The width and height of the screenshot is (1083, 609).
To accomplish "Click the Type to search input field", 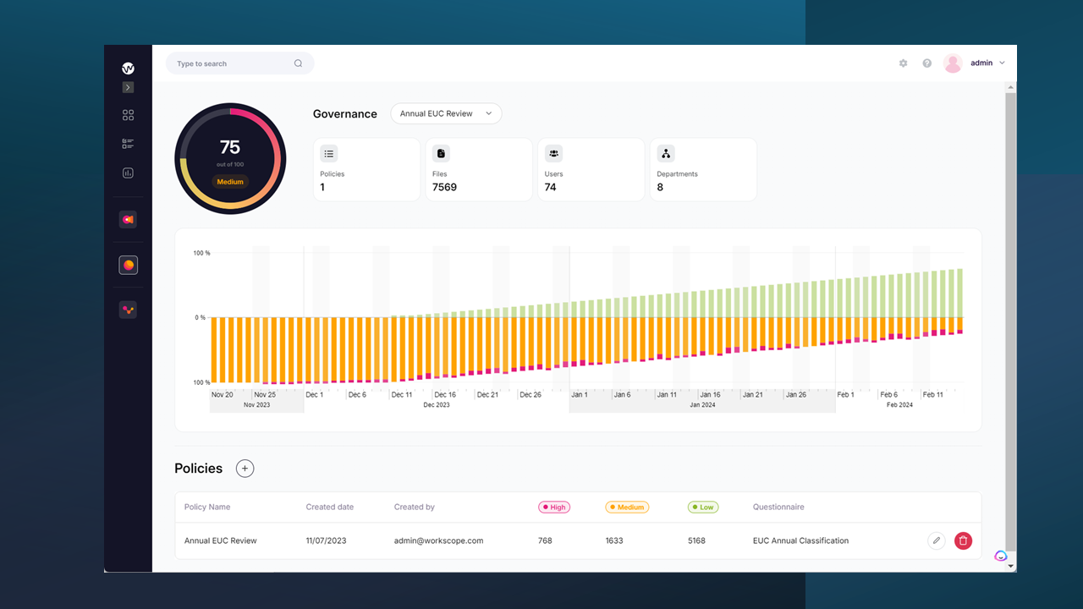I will (234, 63).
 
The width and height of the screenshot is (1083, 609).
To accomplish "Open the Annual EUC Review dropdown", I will (446, 113).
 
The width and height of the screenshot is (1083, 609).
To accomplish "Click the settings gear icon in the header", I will (903, 63).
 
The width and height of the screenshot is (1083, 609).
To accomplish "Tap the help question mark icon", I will (926, 63).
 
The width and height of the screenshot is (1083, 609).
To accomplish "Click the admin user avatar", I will (953, 63).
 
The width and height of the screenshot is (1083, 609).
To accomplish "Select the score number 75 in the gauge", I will (230, 148).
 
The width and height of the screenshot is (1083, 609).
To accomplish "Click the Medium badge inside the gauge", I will (230, 182).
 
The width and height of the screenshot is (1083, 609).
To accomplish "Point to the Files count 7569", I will (444, 187).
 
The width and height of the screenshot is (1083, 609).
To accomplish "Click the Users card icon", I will (553, 153).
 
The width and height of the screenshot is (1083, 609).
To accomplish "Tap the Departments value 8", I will (660, 187).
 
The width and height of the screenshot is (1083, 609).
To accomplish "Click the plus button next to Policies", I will (245, 469).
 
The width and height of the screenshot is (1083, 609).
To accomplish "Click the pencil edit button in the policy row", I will (936, 540).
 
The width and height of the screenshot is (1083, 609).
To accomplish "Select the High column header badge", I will (554, 507).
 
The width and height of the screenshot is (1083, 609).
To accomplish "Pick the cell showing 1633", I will (614, 540).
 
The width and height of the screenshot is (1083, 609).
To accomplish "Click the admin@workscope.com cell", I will (438, 540).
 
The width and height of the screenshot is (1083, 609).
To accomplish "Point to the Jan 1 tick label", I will (580, 395).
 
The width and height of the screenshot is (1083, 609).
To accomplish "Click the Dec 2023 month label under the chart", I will (437, 405).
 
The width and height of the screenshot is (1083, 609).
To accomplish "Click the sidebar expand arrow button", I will (128, 87).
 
